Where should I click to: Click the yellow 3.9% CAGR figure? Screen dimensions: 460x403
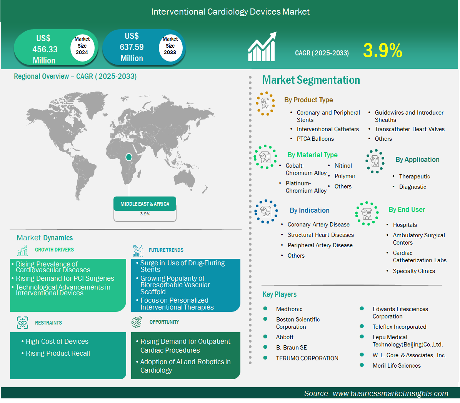pos(383,50)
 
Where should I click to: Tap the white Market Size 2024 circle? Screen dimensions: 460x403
pos(82,47)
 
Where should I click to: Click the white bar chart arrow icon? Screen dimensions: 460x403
pos(262,47)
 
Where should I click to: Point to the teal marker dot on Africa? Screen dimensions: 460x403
pos(128,157)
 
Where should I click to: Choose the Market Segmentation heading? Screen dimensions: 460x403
pos(311,80)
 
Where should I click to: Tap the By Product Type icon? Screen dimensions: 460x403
pos(265,103)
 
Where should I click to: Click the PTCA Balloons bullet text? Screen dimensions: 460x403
pos(315,139)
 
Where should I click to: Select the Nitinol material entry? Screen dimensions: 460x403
pos(343,166)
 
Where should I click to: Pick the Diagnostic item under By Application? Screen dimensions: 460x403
pos(412,187)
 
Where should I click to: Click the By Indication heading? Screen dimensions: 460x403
pos(310,210)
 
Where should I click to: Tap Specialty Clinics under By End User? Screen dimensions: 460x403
pos(413,271)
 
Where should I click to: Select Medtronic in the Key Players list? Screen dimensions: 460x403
pos(289,309)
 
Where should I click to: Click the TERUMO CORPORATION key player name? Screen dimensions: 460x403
pos(307,358)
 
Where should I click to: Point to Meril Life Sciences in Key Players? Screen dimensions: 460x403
pos(396,365)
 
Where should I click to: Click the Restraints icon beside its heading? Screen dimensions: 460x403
pos(23,323)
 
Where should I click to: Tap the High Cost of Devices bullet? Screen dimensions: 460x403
pos(57,341)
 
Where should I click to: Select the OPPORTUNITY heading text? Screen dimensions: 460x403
pos(164,322)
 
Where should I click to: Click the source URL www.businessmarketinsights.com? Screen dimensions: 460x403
pos(390,394)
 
